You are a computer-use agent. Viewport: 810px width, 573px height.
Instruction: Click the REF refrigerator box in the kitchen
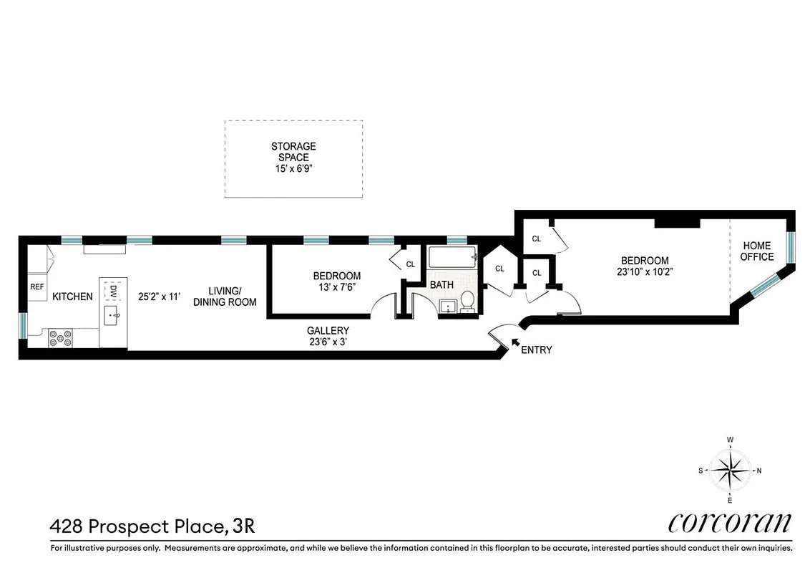(37, 286)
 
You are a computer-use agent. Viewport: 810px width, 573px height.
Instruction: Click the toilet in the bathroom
(467, 302)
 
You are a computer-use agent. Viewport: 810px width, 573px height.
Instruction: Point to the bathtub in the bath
(452, 257)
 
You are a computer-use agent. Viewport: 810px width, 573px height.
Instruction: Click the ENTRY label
(537, 350)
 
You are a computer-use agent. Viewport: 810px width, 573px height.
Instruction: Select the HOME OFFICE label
(757, 251)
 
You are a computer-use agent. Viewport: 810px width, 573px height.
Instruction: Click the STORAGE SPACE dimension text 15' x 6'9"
(293, 170)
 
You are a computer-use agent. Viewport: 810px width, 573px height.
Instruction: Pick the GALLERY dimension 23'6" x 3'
(328, 342)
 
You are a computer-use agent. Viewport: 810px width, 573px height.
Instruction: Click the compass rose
(730, 471)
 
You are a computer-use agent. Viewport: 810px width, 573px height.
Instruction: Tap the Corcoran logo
(730, 523)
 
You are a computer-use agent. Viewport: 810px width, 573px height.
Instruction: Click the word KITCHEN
(72, 297)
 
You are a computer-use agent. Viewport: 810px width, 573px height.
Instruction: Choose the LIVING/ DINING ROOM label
(224, 297)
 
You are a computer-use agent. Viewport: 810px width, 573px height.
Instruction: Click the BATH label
(441, 285)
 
